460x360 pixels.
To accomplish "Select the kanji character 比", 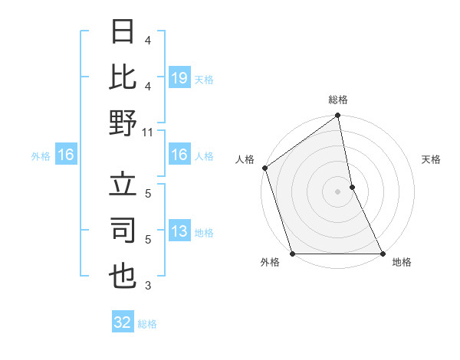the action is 123,77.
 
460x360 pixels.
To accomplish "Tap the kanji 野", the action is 123,122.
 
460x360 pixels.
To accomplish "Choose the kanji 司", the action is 123,231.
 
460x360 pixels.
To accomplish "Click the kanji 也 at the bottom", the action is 123,275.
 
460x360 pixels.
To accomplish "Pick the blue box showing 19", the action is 179,77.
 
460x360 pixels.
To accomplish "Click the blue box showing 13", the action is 179,232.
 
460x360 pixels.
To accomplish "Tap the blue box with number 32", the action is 123,322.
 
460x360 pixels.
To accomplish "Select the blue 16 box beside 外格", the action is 65,155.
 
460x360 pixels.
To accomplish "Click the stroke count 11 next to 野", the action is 148,132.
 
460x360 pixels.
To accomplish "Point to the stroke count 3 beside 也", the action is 148,286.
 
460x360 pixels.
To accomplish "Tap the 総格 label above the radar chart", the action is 338,100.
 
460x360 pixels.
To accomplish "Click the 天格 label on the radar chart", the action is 431,159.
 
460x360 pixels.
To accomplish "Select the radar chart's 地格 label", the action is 402,262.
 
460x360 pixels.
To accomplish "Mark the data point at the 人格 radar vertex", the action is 265,168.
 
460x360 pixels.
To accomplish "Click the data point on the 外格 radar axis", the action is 293,254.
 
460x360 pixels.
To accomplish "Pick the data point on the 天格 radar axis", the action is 352,187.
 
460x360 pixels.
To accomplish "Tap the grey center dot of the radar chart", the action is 338,191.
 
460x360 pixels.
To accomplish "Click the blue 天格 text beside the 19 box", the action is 204,79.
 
